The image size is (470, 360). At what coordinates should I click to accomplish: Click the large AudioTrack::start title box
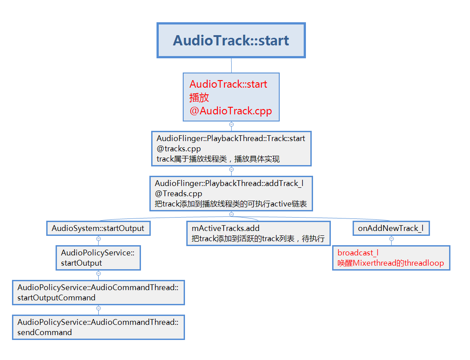pos(231,40)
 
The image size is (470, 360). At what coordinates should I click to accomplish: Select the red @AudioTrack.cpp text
pos(230,111)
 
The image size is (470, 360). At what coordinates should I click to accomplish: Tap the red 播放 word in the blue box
pos(199,97)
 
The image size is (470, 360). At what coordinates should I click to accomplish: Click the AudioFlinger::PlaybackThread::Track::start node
pos(231,138)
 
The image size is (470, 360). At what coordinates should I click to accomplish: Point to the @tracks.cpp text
pos(178,149)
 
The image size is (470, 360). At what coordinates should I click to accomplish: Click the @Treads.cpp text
pos(178,194)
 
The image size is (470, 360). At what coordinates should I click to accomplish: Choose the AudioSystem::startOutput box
pos(98,228)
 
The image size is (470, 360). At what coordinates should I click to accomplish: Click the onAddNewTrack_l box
pos(391,228)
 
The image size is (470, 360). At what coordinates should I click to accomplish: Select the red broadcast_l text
pos(358,253)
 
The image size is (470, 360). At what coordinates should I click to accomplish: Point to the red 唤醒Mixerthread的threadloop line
pos(390,263)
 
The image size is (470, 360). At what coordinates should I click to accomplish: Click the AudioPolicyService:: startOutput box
pos(98,258)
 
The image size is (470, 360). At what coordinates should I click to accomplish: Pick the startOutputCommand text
pos(56,298)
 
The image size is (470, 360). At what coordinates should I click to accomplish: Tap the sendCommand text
pos(44,332)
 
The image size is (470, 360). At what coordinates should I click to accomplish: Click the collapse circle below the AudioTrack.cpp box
pos(231,125)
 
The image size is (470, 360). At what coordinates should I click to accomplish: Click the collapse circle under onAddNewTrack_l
pos(391,239)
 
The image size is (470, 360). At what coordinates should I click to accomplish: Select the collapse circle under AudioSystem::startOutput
pos(98,239)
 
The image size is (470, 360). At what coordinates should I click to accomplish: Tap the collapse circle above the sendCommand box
pos(98,308)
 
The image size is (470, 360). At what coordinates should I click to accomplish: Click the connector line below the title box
pos(231,65)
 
